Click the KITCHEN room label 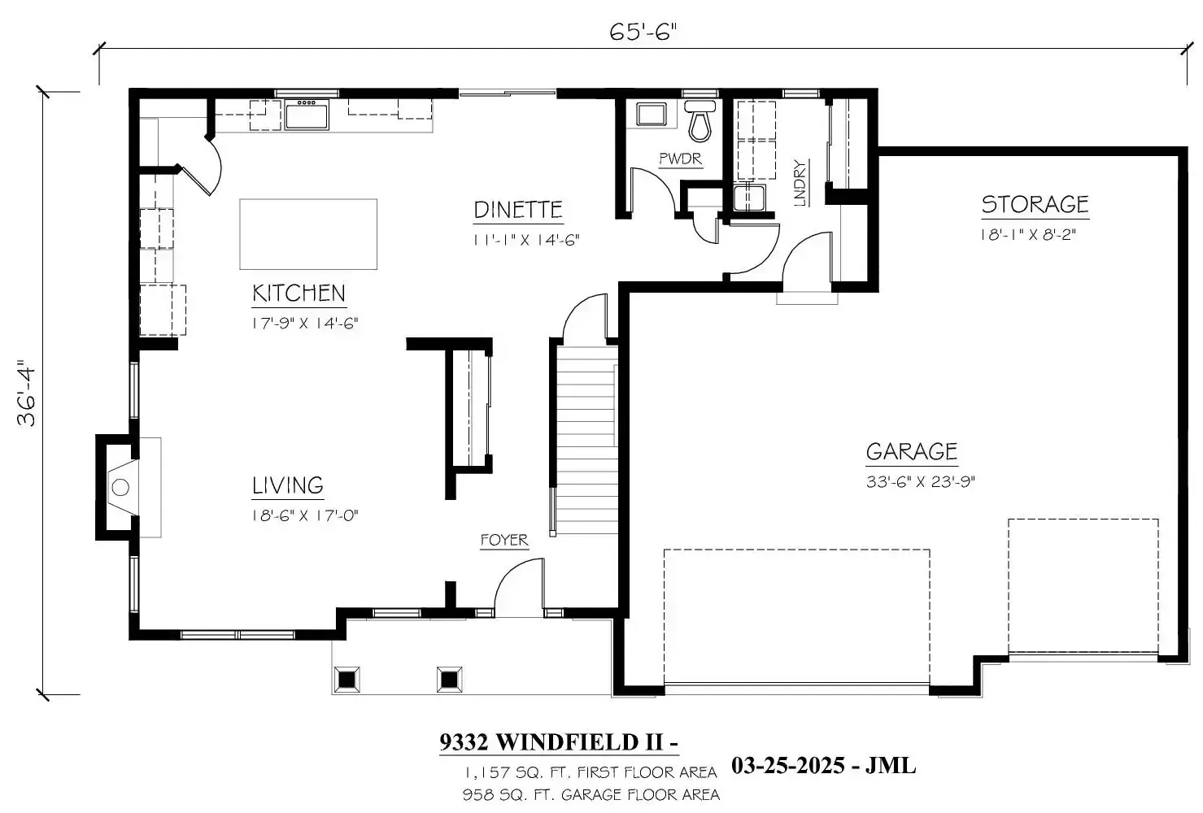(x=299, y=293)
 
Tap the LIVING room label (x=287, y=486)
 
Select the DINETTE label (x=518, y=210)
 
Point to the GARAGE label (x=911, y=452)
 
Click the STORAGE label (x=1035, y=205)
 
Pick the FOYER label (x=503, y=541)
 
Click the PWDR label (x=680, y=159)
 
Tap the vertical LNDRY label (x=800, y=184)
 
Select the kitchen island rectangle (x=308, y=234)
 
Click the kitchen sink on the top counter (x=307, y=114)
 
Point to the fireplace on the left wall (x=120, y=488)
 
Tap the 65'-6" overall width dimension (x=643, y=33)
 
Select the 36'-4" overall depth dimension (x=28, y=394)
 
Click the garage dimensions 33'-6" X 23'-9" (x=920, y=481)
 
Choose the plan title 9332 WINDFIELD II (x=559, y=742)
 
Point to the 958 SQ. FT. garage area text (x=591, y=794)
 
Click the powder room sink (x=651, y=114)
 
